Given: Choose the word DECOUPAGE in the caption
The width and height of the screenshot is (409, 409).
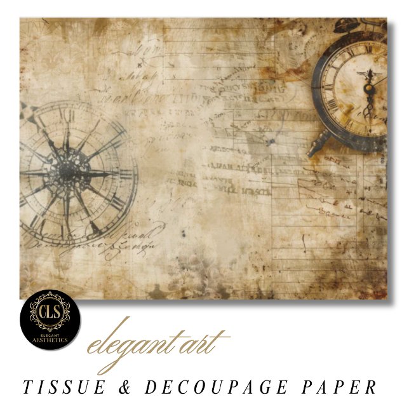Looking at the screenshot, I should [x=212, y=386].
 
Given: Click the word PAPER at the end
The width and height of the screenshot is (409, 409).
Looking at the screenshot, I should [x=342, y=386].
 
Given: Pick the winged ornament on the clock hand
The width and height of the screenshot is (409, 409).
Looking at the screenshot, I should [x=367, y=76].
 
